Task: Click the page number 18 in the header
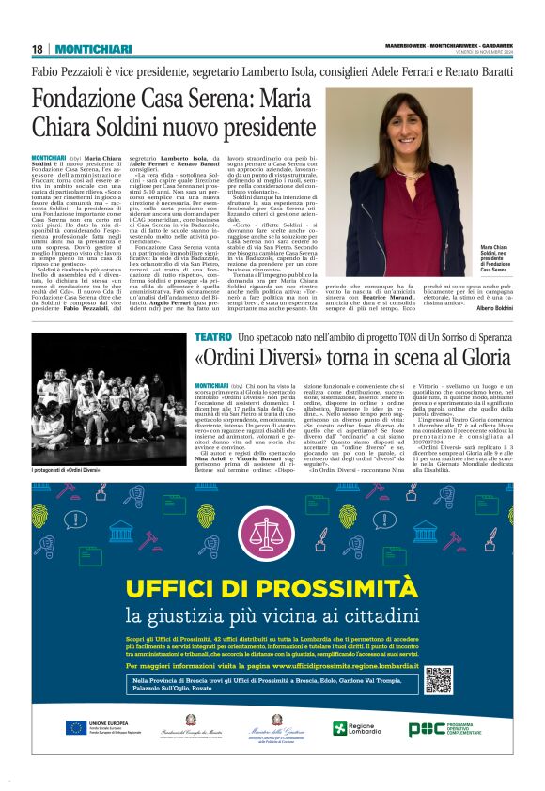tap(38, 49)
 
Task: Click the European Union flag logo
tap(75, 727)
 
